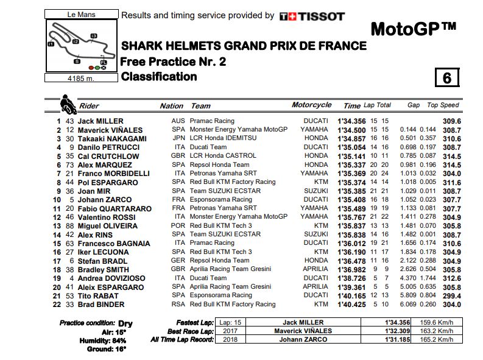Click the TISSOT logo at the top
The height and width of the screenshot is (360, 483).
tap(312, 16)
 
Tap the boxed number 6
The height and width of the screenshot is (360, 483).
tap(446, 78)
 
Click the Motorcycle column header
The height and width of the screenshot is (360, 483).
tap(311, 105)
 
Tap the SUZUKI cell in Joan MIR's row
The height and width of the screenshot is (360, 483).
tap(316, 191)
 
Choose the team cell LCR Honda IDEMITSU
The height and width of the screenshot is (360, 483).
tap(220, 138)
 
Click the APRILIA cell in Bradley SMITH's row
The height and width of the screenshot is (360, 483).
tap(316, 269)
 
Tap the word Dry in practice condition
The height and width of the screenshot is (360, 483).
tap(125, 323)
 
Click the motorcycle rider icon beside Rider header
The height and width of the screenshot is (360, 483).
tap(67, 103)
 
